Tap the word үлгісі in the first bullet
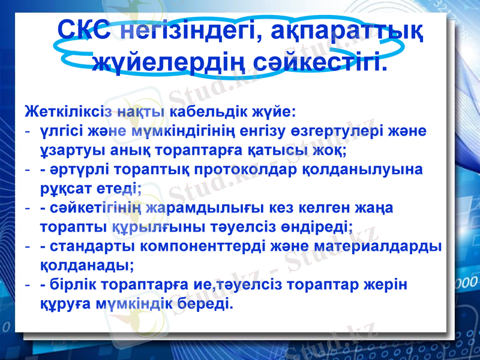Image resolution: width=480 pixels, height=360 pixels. click(62, 131)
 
